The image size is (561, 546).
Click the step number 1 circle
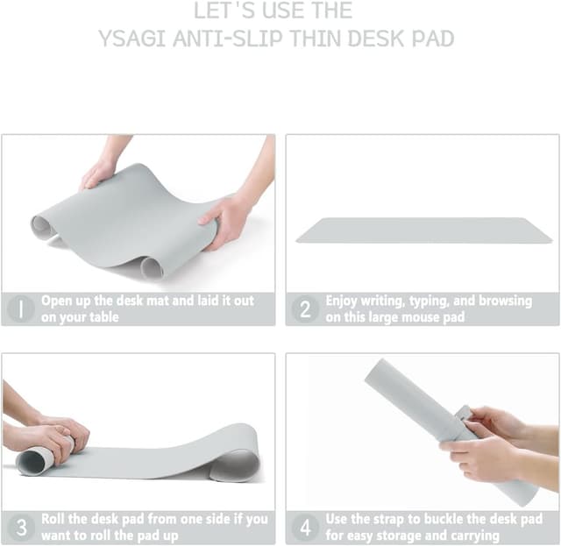pos(19,309)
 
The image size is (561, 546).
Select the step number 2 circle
pos(305,309)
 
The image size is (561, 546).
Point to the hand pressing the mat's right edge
pos(225,219)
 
